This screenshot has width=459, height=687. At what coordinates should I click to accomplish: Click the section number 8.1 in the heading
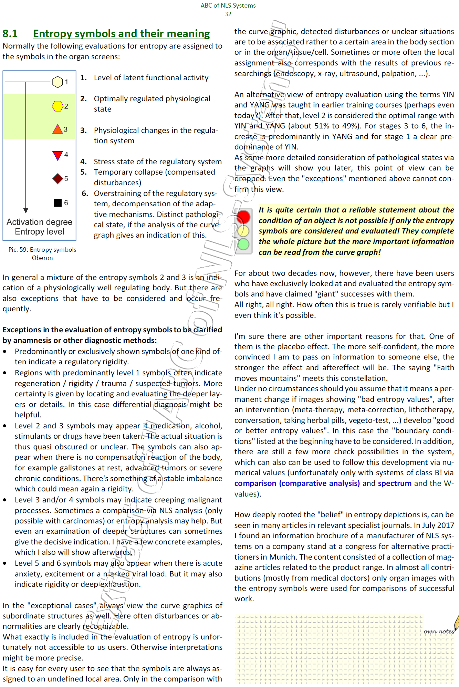pyautogui.click(x=10, y=33)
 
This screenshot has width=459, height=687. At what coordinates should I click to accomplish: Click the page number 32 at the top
pyautogui.click(x=228, y=14)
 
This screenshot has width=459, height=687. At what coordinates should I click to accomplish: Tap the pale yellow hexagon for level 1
pyautogui.click(x=58, y=82)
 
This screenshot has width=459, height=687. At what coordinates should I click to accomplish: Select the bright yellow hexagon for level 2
pyautogui.click(x=58, y=106)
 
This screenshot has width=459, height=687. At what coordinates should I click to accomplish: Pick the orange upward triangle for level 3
pyautogui.click(x=58, y=129)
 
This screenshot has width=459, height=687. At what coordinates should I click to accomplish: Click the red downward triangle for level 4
pyautogui.click(x=58, y=155)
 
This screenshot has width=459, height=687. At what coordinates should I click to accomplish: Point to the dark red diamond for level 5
pyautogui.click(x=58, y=179)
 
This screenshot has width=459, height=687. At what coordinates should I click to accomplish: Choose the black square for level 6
pyautogui.click(x=58, y=203)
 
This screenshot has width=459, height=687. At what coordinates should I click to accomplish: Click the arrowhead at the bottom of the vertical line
pyautogui.click(x=26, y=210)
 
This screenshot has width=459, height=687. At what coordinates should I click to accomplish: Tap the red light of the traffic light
pyautogui.click(x=243, y=217)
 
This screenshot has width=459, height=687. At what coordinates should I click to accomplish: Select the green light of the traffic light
pyautogui.click(x=243, y=244)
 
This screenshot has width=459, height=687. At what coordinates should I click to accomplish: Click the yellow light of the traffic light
pyautogui.click(x=243, y=230)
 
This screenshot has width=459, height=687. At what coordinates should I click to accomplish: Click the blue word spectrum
pyautogui.click(x=395, y=483)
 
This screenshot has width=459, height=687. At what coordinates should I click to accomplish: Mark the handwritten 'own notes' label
pyautogui.click(x=439, y=631)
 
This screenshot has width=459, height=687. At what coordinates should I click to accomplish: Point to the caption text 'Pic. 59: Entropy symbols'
pyautogui.click(x=42, y=250)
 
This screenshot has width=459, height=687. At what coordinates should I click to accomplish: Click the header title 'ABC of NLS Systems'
pyautogui.click(x=228, y=6)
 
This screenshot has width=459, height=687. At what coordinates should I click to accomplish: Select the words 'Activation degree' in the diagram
pyautogui.click(x=40, y=222)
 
